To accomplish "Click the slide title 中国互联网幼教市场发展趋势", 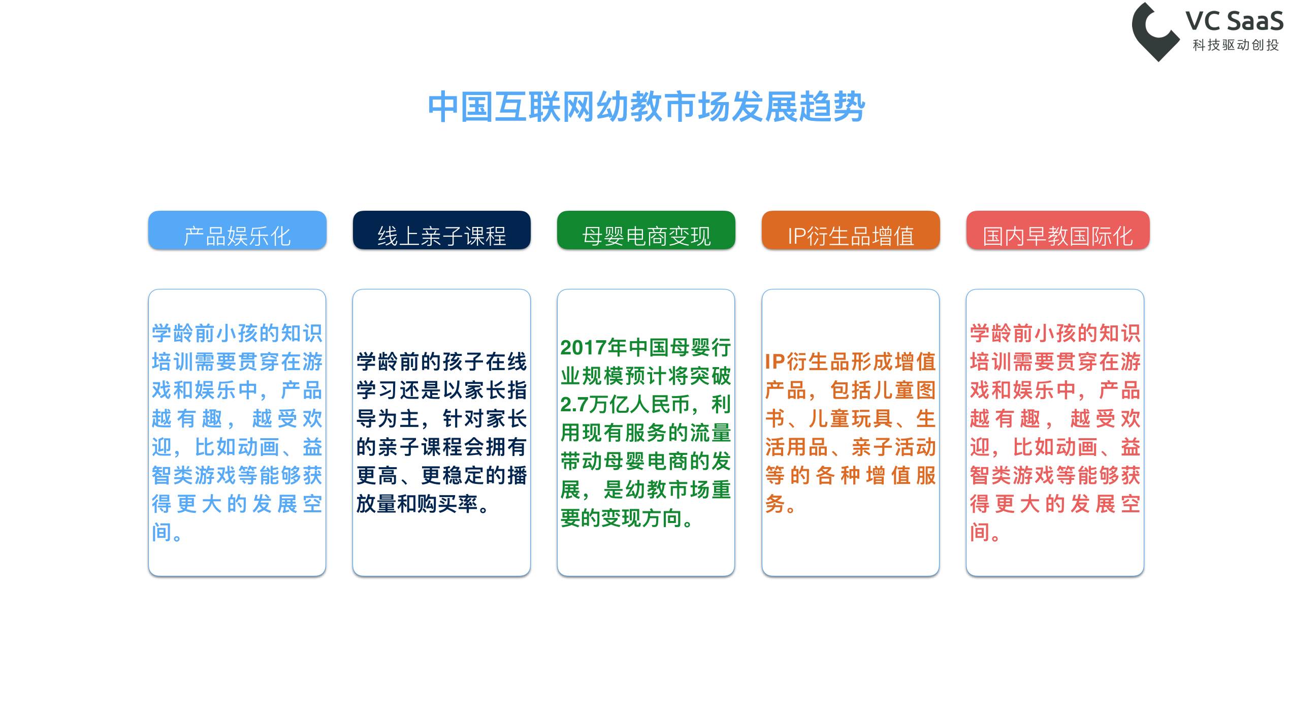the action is [646, 107].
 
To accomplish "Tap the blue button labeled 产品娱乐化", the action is [237, 231].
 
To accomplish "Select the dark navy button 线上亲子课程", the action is [441, 231].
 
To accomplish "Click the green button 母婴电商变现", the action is [646, 231].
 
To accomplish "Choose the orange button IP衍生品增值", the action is [851, 231].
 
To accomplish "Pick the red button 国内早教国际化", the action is [1057, 231].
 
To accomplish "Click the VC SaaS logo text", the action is [1234, 21].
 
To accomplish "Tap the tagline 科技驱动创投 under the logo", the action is [1236, 45].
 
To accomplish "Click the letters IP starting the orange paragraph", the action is [775, 362].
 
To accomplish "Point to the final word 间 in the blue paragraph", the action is [162, 533].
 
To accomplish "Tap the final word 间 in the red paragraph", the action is [980, 533].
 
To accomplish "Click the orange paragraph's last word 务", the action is [775, 504].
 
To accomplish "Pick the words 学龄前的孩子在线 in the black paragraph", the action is [441, 362].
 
